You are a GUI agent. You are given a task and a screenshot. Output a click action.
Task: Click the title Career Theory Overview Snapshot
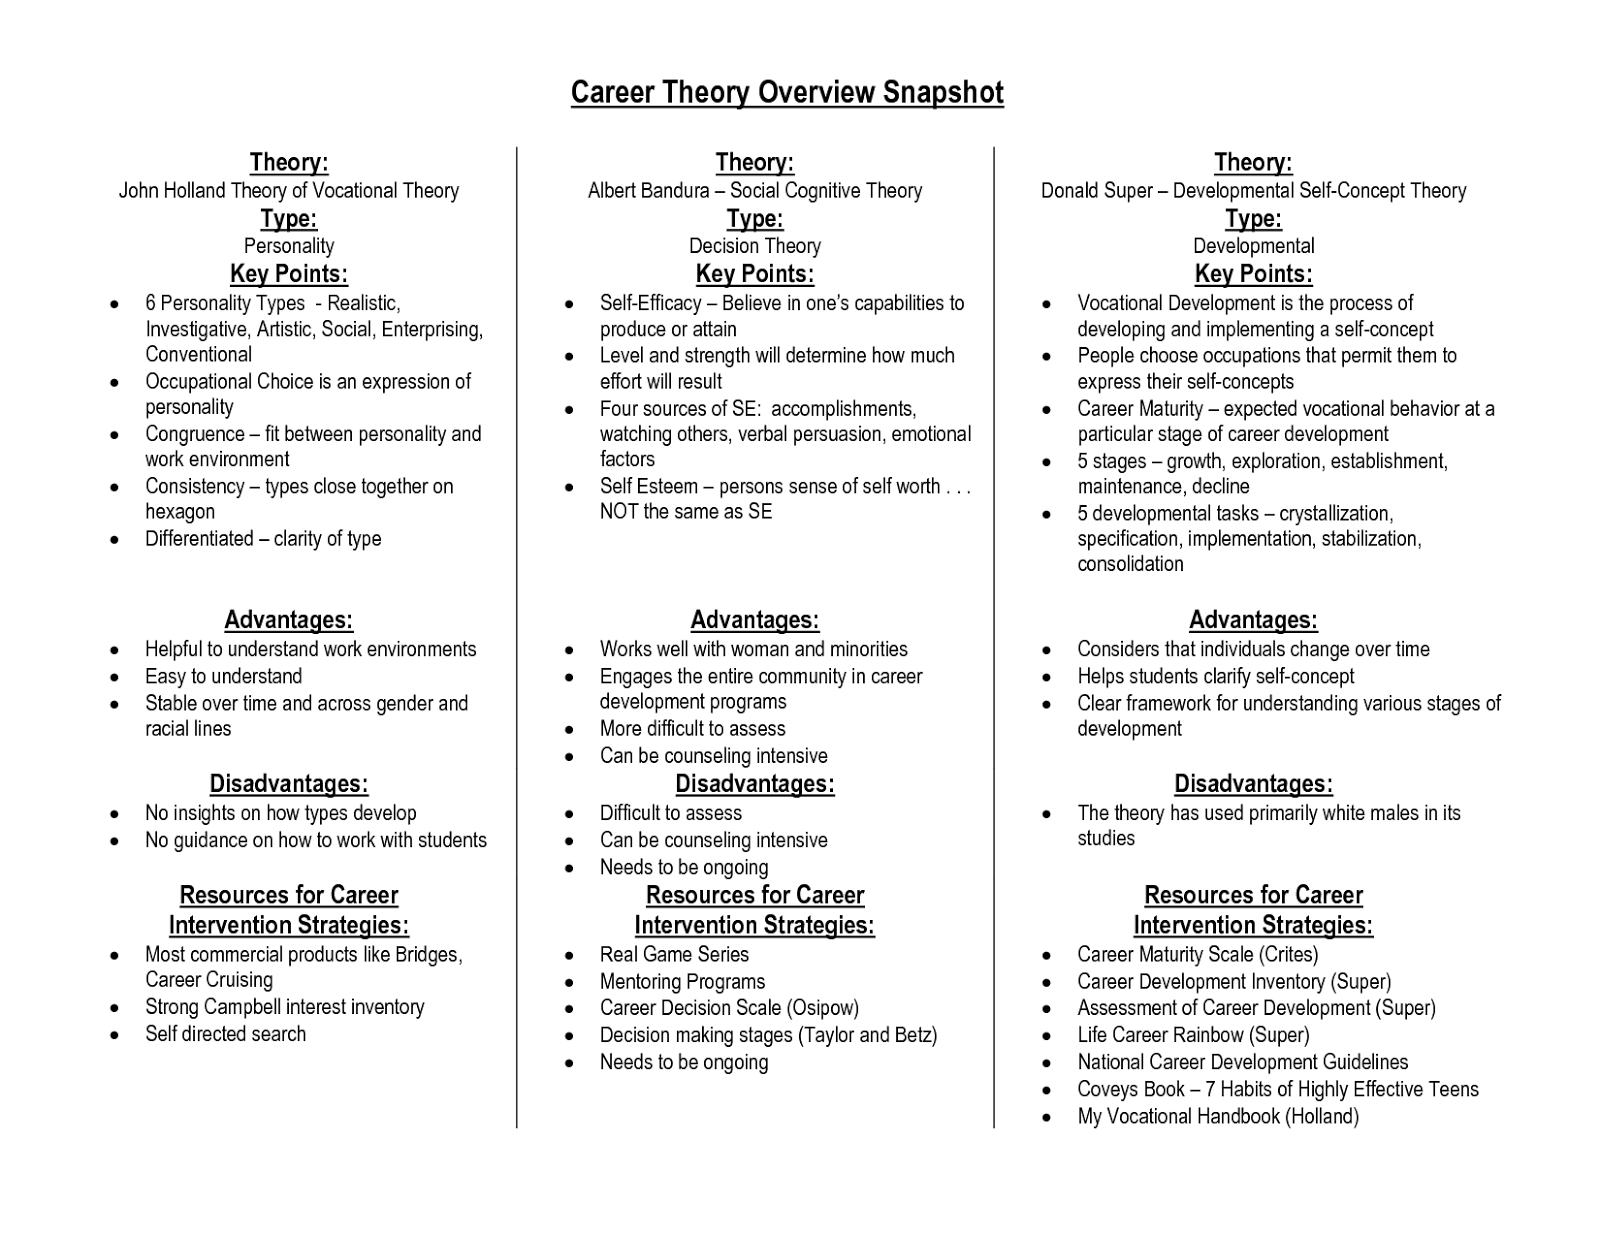(x=787, y=93)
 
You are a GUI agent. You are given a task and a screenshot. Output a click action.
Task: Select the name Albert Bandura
(x=648, y=191)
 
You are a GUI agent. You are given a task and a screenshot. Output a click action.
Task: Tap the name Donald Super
(x=1096, y=191)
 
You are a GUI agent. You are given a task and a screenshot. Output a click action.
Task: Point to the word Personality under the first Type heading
(x=289, y=246)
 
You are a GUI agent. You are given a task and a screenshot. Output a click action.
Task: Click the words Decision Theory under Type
(x=754, y=246)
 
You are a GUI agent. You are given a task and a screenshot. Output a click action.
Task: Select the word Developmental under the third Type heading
(x=1253, y=246)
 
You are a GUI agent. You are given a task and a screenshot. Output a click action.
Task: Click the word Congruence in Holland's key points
(x=194, y=434)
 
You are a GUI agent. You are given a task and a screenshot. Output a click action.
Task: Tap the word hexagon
(x=180, y=512)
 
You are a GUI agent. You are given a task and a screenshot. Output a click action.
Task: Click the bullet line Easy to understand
(x=223, y=677)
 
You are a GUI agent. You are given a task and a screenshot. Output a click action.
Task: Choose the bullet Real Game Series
(x=674, y=955)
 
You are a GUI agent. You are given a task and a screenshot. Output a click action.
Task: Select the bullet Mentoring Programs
(x=682, y=982)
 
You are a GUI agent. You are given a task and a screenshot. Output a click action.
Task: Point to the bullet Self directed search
(x=225, y=1034)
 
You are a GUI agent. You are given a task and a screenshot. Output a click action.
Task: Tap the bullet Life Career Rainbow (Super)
(x=1193, y=1035)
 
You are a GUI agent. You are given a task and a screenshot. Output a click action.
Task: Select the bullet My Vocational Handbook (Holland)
(x=1218, y=1116)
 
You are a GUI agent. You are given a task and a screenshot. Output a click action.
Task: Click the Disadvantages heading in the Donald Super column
(x=1253, y=784)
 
